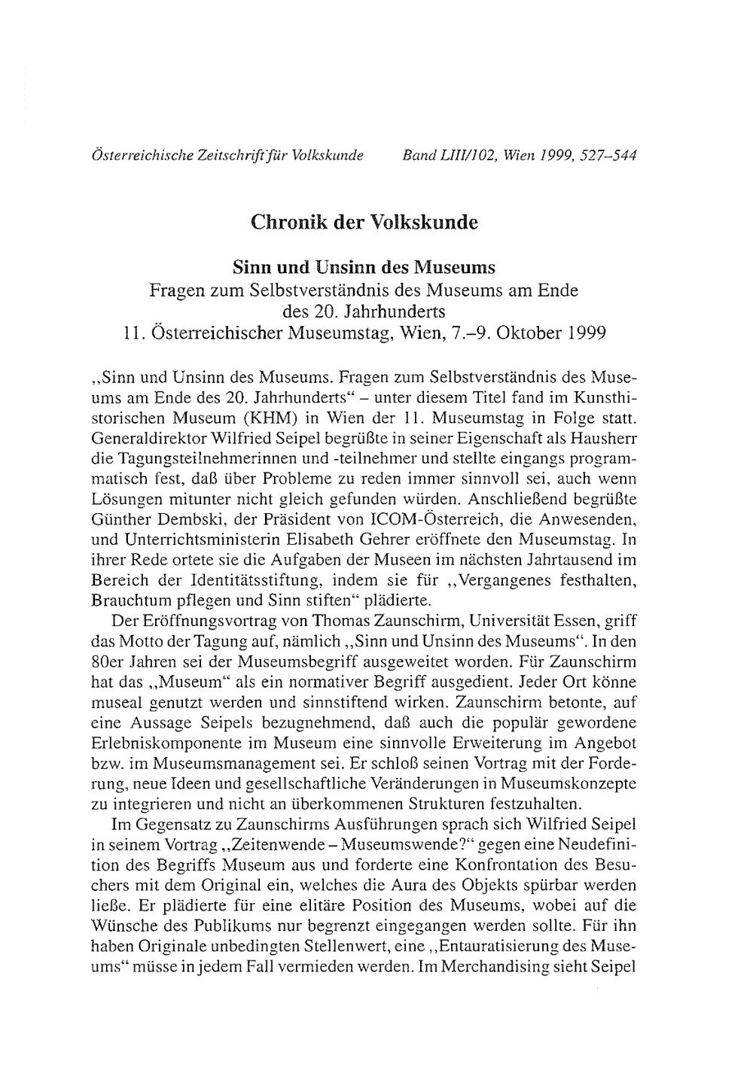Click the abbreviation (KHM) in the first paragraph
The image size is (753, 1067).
tap(262, 415)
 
